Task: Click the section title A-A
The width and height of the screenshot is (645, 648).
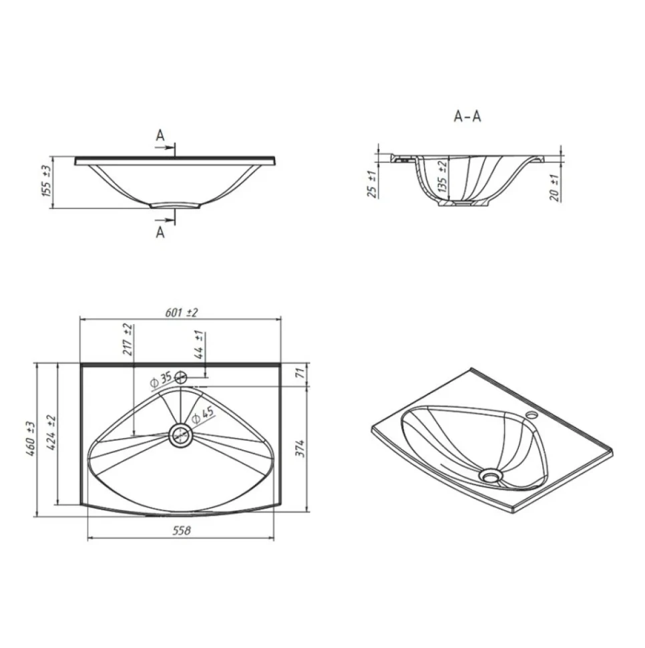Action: click(467, 116)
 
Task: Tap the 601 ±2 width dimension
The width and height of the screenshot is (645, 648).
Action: click(181, 313)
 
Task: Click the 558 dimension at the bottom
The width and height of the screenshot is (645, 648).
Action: click(181, 530)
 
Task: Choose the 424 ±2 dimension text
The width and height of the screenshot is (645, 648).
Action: click(51, 432)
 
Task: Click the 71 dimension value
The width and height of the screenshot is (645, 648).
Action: click(301, 372)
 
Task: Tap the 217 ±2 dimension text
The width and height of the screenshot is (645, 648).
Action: click(128, 340)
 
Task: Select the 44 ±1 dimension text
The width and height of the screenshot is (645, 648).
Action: click(200, 344)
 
